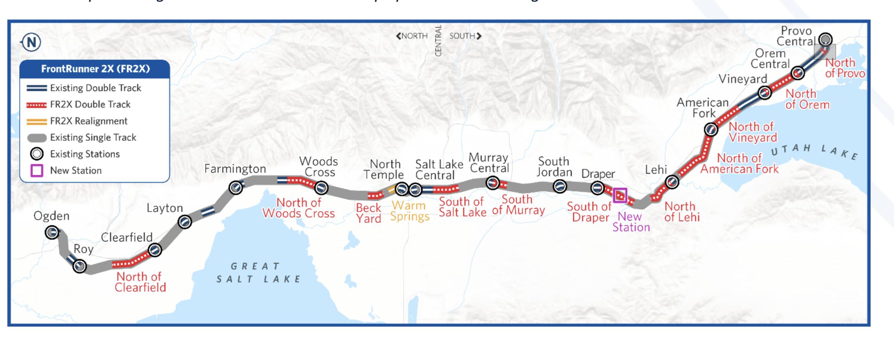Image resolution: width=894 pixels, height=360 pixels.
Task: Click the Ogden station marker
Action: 52,232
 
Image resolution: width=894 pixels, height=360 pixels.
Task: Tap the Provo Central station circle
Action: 825,39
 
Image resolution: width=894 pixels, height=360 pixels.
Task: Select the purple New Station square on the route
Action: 620,195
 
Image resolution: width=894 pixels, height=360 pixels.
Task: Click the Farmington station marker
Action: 236,188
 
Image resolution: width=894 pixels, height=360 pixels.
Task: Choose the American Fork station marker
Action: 711,130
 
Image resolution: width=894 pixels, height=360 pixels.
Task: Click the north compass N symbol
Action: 31,42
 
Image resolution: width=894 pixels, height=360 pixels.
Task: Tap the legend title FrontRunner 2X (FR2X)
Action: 95,69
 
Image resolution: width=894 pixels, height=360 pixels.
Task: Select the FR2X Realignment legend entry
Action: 89,121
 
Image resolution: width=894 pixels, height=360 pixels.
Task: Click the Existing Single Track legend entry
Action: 93,137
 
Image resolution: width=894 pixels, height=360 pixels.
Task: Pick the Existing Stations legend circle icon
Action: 37,154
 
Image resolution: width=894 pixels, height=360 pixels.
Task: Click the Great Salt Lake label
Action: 259,272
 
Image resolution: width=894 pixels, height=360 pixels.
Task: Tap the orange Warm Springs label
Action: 409,211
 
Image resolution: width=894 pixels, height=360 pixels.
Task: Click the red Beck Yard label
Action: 368,213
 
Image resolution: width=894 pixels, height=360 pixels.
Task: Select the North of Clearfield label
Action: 140,282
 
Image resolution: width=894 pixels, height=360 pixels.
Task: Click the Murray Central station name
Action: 488,163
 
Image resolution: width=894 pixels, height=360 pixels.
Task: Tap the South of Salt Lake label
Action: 462,206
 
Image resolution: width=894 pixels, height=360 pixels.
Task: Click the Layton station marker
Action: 185,222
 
